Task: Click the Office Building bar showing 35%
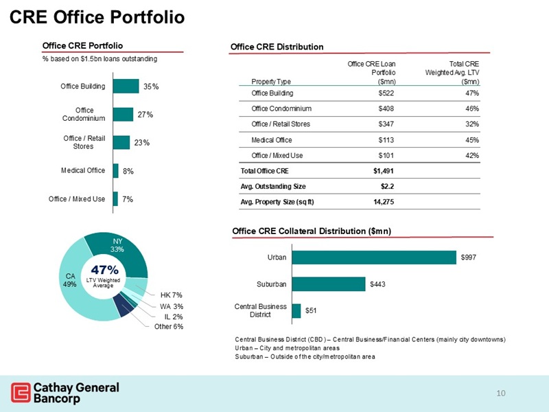pos(125,87)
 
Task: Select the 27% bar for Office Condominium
pos(123,115)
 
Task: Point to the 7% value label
pos(128,199)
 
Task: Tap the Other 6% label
pos(170,327)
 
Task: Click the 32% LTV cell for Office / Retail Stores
pos(471,124)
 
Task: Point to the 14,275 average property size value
pos(383,201)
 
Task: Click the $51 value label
pos(312,311)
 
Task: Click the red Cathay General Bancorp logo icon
pos(21,393)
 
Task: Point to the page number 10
pos(501,393)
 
